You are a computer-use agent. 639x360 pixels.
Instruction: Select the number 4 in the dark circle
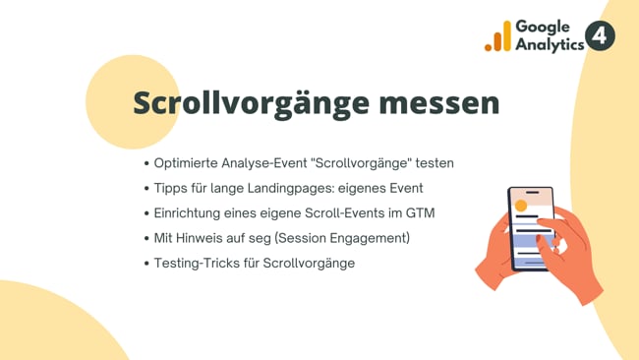(600, 37)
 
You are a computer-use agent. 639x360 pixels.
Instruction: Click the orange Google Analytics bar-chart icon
(497, 37)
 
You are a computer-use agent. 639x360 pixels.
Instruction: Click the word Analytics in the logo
(549, 45)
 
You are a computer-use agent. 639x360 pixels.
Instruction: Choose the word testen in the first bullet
(433, 162)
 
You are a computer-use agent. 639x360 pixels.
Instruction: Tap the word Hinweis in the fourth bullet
(203, 238)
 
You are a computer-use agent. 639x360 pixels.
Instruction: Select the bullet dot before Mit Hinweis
(146, 238)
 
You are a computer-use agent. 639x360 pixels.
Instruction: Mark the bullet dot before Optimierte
(146, 162)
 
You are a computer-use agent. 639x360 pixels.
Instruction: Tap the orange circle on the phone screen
(521, 206)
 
